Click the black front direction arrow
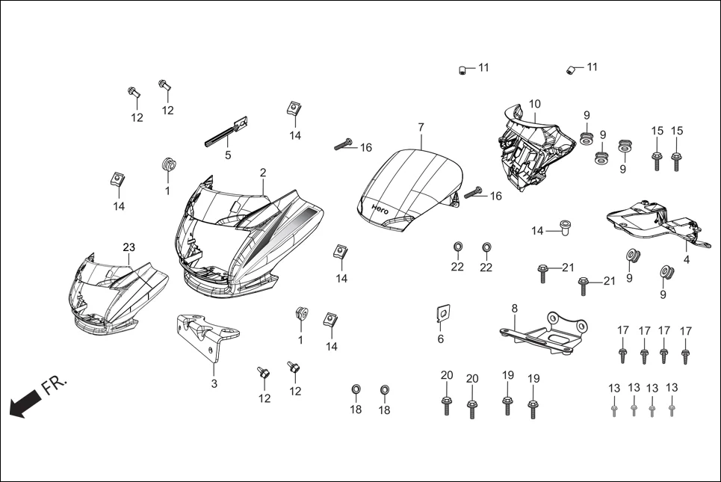click(x=22, y=404)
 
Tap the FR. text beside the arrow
click(x=54, y=386)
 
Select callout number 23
click(x=129, y=247)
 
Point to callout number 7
click(x=421, y=127)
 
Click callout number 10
click(x=534, y=104)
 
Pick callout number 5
click(x=228, y=155)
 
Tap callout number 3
click(x=214, y=384)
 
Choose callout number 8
click(x=514, y=308)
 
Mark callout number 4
click(x=686, y=260)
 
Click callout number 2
click(x=263, y=173)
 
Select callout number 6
click(x=440, y=339)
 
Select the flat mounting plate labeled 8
click(x=544, y=332)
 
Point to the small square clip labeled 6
click(x=442, y=314)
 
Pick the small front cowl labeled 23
click(x=112, y=291)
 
